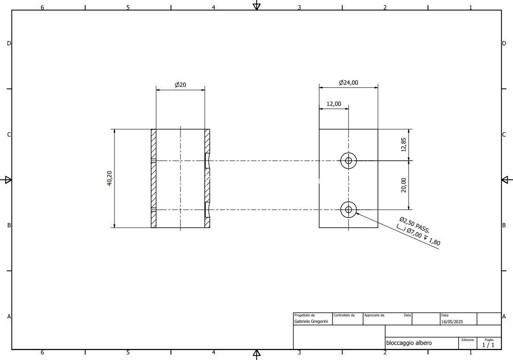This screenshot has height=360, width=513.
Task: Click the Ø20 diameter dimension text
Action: tap(180, 85)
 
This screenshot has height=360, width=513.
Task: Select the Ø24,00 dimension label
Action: tap(348, 83)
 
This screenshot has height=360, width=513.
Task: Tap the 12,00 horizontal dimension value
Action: tap(334, 104)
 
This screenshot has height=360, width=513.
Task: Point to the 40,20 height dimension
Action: tap(110, 178)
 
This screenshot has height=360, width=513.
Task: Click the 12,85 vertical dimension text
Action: tap(404, 144)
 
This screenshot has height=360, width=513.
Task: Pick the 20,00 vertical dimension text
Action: tap(404, 185)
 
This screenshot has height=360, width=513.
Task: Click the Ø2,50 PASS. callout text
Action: tap(415, 225)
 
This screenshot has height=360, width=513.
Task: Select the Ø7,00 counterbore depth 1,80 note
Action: tap(419, 235)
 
